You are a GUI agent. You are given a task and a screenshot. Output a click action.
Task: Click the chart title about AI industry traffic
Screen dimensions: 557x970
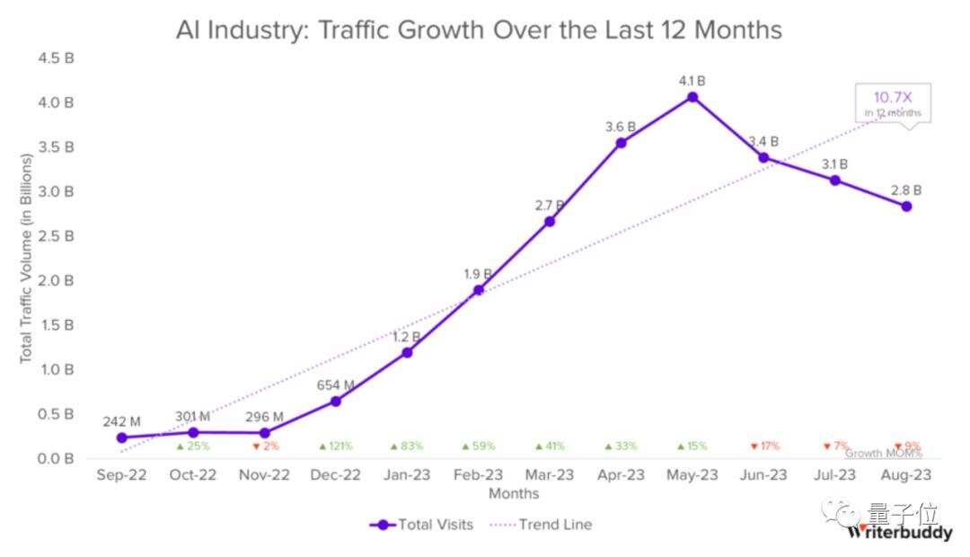(479, 30)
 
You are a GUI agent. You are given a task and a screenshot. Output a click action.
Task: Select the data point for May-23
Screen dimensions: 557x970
(692, 96)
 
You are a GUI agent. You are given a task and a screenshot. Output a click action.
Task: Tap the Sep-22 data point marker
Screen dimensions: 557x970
(121, 438)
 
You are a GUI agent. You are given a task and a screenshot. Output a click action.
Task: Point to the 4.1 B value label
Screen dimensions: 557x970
(692, 81)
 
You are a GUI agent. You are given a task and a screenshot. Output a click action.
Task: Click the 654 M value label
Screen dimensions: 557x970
(336, 385)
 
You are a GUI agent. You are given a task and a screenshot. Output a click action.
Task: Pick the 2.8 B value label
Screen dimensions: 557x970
(906, 190)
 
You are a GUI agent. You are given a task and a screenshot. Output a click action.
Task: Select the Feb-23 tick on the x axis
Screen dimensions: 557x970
(478, 475)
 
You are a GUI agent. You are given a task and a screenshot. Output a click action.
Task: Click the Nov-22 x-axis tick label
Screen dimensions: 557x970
(265, 475)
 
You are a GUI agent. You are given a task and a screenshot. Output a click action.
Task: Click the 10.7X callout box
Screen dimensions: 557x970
(893, 103)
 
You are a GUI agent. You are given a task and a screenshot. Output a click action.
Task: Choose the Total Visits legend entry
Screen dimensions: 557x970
(421, 525)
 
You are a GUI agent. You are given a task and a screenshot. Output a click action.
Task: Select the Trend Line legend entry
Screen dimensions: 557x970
(541, 525)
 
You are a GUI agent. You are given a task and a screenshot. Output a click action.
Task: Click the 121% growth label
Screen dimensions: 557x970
(336, 446)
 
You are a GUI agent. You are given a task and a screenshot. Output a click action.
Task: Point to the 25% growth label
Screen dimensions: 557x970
(193, 446)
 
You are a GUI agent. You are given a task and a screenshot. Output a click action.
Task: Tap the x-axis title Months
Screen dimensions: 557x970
(514, 493)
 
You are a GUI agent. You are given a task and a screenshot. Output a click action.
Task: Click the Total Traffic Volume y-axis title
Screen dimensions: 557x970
(26, 259)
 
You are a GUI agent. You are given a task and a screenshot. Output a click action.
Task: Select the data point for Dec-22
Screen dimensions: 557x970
(336, 401)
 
